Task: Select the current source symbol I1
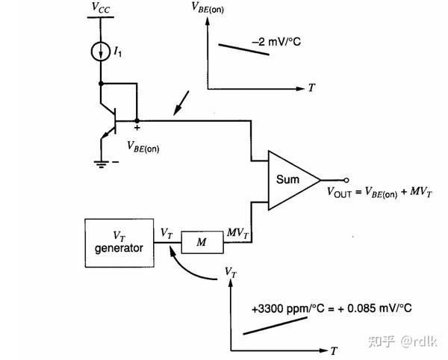(x=101, y=52)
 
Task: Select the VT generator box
(x=117, y=241)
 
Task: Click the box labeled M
(x=199, y=241)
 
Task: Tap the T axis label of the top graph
(x=311, y=87)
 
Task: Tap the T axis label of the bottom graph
(x=335, y=350)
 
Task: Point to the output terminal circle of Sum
(x=346, y=179)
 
